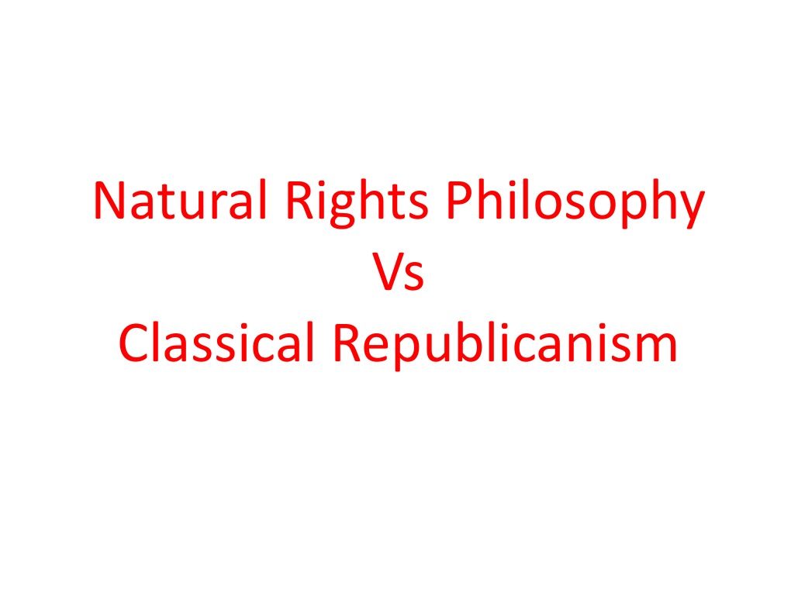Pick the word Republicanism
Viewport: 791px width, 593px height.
click(505, 346)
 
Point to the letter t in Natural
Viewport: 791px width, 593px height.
click(169, 202)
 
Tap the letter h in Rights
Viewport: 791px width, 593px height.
click(361, 200)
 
